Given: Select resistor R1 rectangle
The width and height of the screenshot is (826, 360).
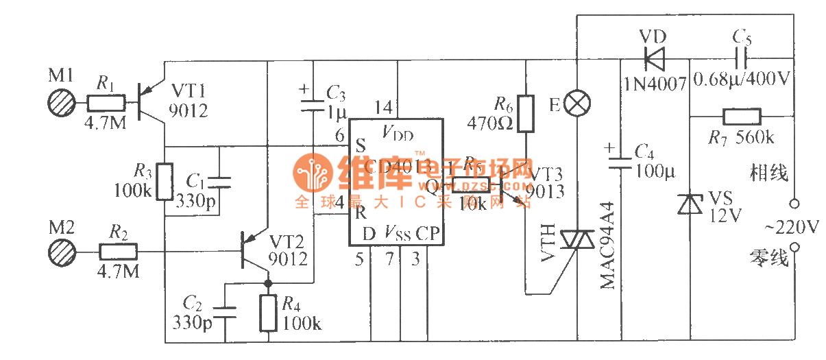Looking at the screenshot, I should [106, 104].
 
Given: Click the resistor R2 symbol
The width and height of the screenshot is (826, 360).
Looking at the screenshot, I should [118, 252].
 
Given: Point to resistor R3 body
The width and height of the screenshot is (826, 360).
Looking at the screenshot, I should [164, 181].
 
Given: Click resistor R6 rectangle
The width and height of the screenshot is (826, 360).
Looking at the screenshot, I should [525, 114].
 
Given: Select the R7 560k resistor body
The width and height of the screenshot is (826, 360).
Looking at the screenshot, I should [741, 117].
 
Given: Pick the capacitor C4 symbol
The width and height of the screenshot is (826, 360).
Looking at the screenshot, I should [620, 163].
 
